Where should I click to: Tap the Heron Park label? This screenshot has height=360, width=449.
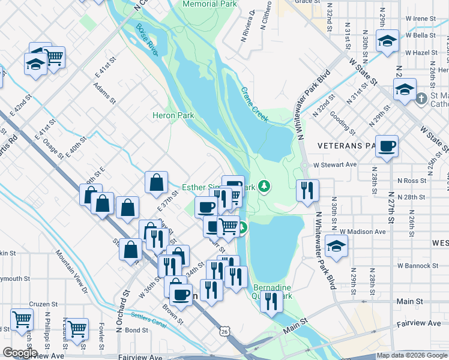(x=172, y=115)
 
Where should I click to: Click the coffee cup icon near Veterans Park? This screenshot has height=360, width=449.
(x=387, y=146)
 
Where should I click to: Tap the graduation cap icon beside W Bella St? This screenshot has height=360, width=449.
(x=387, y=42)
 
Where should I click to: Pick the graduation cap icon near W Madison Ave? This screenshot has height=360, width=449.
(x=336, y=246)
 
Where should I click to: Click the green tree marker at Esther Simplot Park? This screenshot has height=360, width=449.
(x=264, y=187)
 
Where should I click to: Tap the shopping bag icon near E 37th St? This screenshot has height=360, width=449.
(x=156, y=184)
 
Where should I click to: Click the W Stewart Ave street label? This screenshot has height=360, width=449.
(x=334, y=164)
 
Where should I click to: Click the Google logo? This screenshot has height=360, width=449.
(x=20, y=353)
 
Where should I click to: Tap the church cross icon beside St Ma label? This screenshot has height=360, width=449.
(x=421, y=98)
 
